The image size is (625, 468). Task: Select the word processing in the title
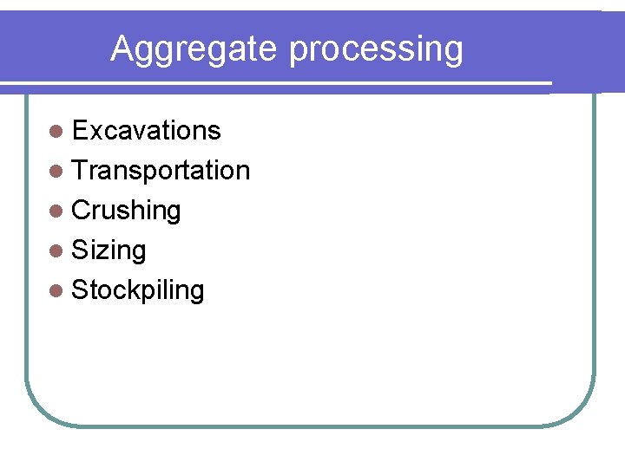click(x=377, y=50)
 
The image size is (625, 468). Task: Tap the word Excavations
click(x=146, y=131)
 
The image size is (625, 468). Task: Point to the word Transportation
click(x=161, y=171)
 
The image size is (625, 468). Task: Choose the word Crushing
click(x=126, y=211)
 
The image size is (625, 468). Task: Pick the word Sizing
click(x=109, y=250)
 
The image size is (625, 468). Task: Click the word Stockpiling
click(x=137, y=290)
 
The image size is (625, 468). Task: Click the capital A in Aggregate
click(x=122, y=49)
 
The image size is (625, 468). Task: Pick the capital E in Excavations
click(x=81, y=131)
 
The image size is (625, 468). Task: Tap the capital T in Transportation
click(x=80, y=171)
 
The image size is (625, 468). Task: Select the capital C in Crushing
click(x=82, y=211)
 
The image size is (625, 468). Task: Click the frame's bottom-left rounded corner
click(x=39, y=411)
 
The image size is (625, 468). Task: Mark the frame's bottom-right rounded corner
click(x=581, y=411)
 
